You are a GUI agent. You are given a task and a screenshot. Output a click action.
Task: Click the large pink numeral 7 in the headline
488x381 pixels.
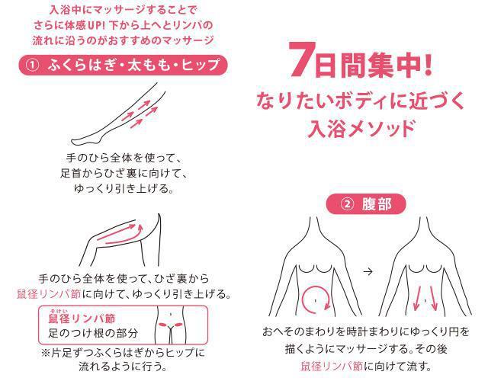tap(300, 59)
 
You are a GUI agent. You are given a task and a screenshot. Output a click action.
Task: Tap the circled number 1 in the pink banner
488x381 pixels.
tap(32, 65)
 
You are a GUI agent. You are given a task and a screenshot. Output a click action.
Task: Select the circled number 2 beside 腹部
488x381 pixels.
tap(348, 204)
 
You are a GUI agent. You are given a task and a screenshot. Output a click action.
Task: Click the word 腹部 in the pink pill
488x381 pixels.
tap(377, 204)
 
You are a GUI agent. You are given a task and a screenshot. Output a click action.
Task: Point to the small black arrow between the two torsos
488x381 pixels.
tap(368, 271)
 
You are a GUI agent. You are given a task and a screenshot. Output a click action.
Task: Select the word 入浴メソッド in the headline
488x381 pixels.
tap(361, 128)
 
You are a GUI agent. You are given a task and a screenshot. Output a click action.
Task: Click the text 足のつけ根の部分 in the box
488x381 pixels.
tap(93, 333)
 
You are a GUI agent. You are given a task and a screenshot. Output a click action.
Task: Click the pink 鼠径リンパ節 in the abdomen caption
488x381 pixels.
tap(332, 366)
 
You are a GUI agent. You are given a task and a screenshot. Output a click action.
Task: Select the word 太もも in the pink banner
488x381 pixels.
tap(151, 65)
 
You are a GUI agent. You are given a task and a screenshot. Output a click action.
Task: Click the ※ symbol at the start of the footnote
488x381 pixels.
tap(46, 353)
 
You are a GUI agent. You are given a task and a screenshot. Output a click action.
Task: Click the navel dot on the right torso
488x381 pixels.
tap(425, 300)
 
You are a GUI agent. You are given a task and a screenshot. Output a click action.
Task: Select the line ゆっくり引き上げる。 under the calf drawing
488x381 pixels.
tap(124, 188)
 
